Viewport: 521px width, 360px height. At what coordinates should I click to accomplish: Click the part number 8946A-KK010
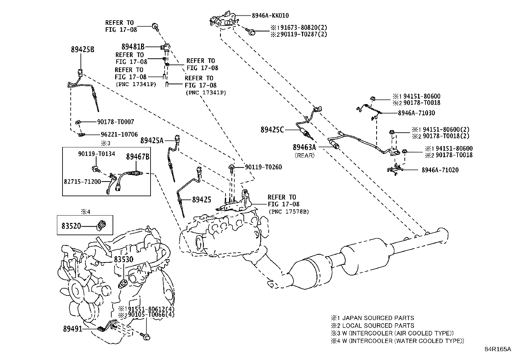[x=270, y=16]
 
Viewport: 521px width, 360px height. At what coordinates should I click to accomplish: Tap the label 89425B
[x=82, y=49]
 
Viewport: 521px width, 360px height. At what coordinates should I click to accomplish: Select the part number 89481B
[x=133, y=47]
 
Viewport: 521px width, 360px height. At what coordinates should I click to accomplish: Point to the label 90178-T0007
[x=116, y=122]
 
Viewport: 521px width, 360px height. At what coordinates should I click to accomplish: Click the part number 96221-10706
[x=119, y=134]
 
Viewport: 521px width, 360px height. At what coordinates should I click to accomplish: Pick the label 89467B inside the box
[x=138, y=157]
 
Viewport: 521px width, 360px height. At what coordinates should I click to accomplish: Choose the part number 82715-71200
[x=82, y=181]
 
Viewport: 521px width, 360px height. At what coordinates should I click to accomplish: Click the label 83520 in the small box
[x=71, y=226]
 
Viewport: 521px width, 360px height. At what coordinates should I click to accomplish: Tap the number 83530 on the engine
[x=123, y=259]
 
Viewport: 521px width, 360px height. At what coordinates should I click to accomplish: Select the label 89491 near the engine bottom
[x=73, y=329]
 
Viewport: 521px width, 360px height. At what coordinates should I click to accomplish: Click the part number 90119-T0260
[x=263, y=167]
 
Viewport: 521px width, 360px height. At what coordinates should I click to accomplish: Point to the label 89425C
[x=272, y=130]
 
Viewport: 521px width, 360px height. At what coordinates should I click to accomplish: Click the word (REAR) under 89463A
[x=304, y=155]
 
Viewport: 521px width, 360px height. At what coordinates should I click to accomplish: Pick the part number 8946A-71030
[x=416, y=113]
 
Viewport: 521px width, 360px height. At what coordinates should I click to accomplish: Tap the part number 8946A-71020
[x=440, y=170]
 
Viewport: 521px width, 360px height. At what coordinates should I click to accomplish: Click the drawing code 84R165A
[x=498, y=349]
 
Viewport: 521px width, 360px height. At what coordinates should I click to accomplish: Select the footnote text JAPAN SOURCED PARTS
[x=378, y=318]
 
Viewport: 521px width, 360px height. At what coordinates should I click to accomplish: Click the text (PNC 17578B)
[x=289, y=212]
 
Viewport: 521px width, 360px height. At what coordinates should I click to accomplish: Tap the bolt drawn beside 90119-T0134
[x=96, y=169]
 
